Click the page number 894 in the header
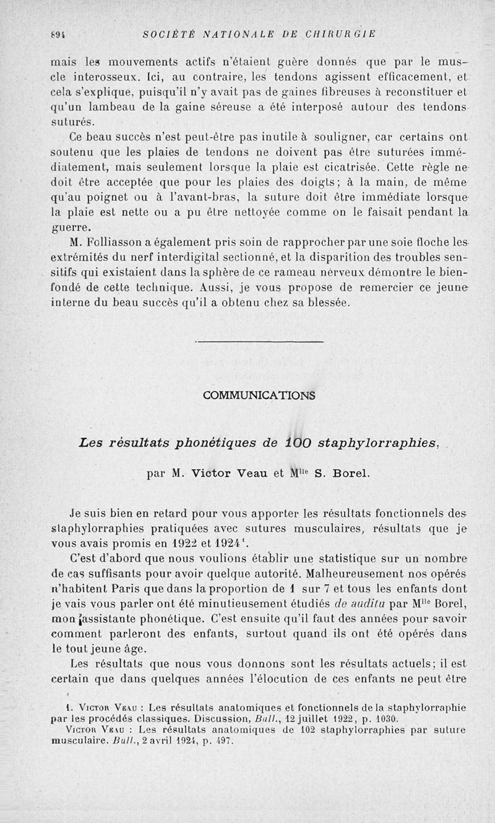click(58, 33)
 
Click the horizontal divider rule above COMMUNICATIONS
click(259, 341)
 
